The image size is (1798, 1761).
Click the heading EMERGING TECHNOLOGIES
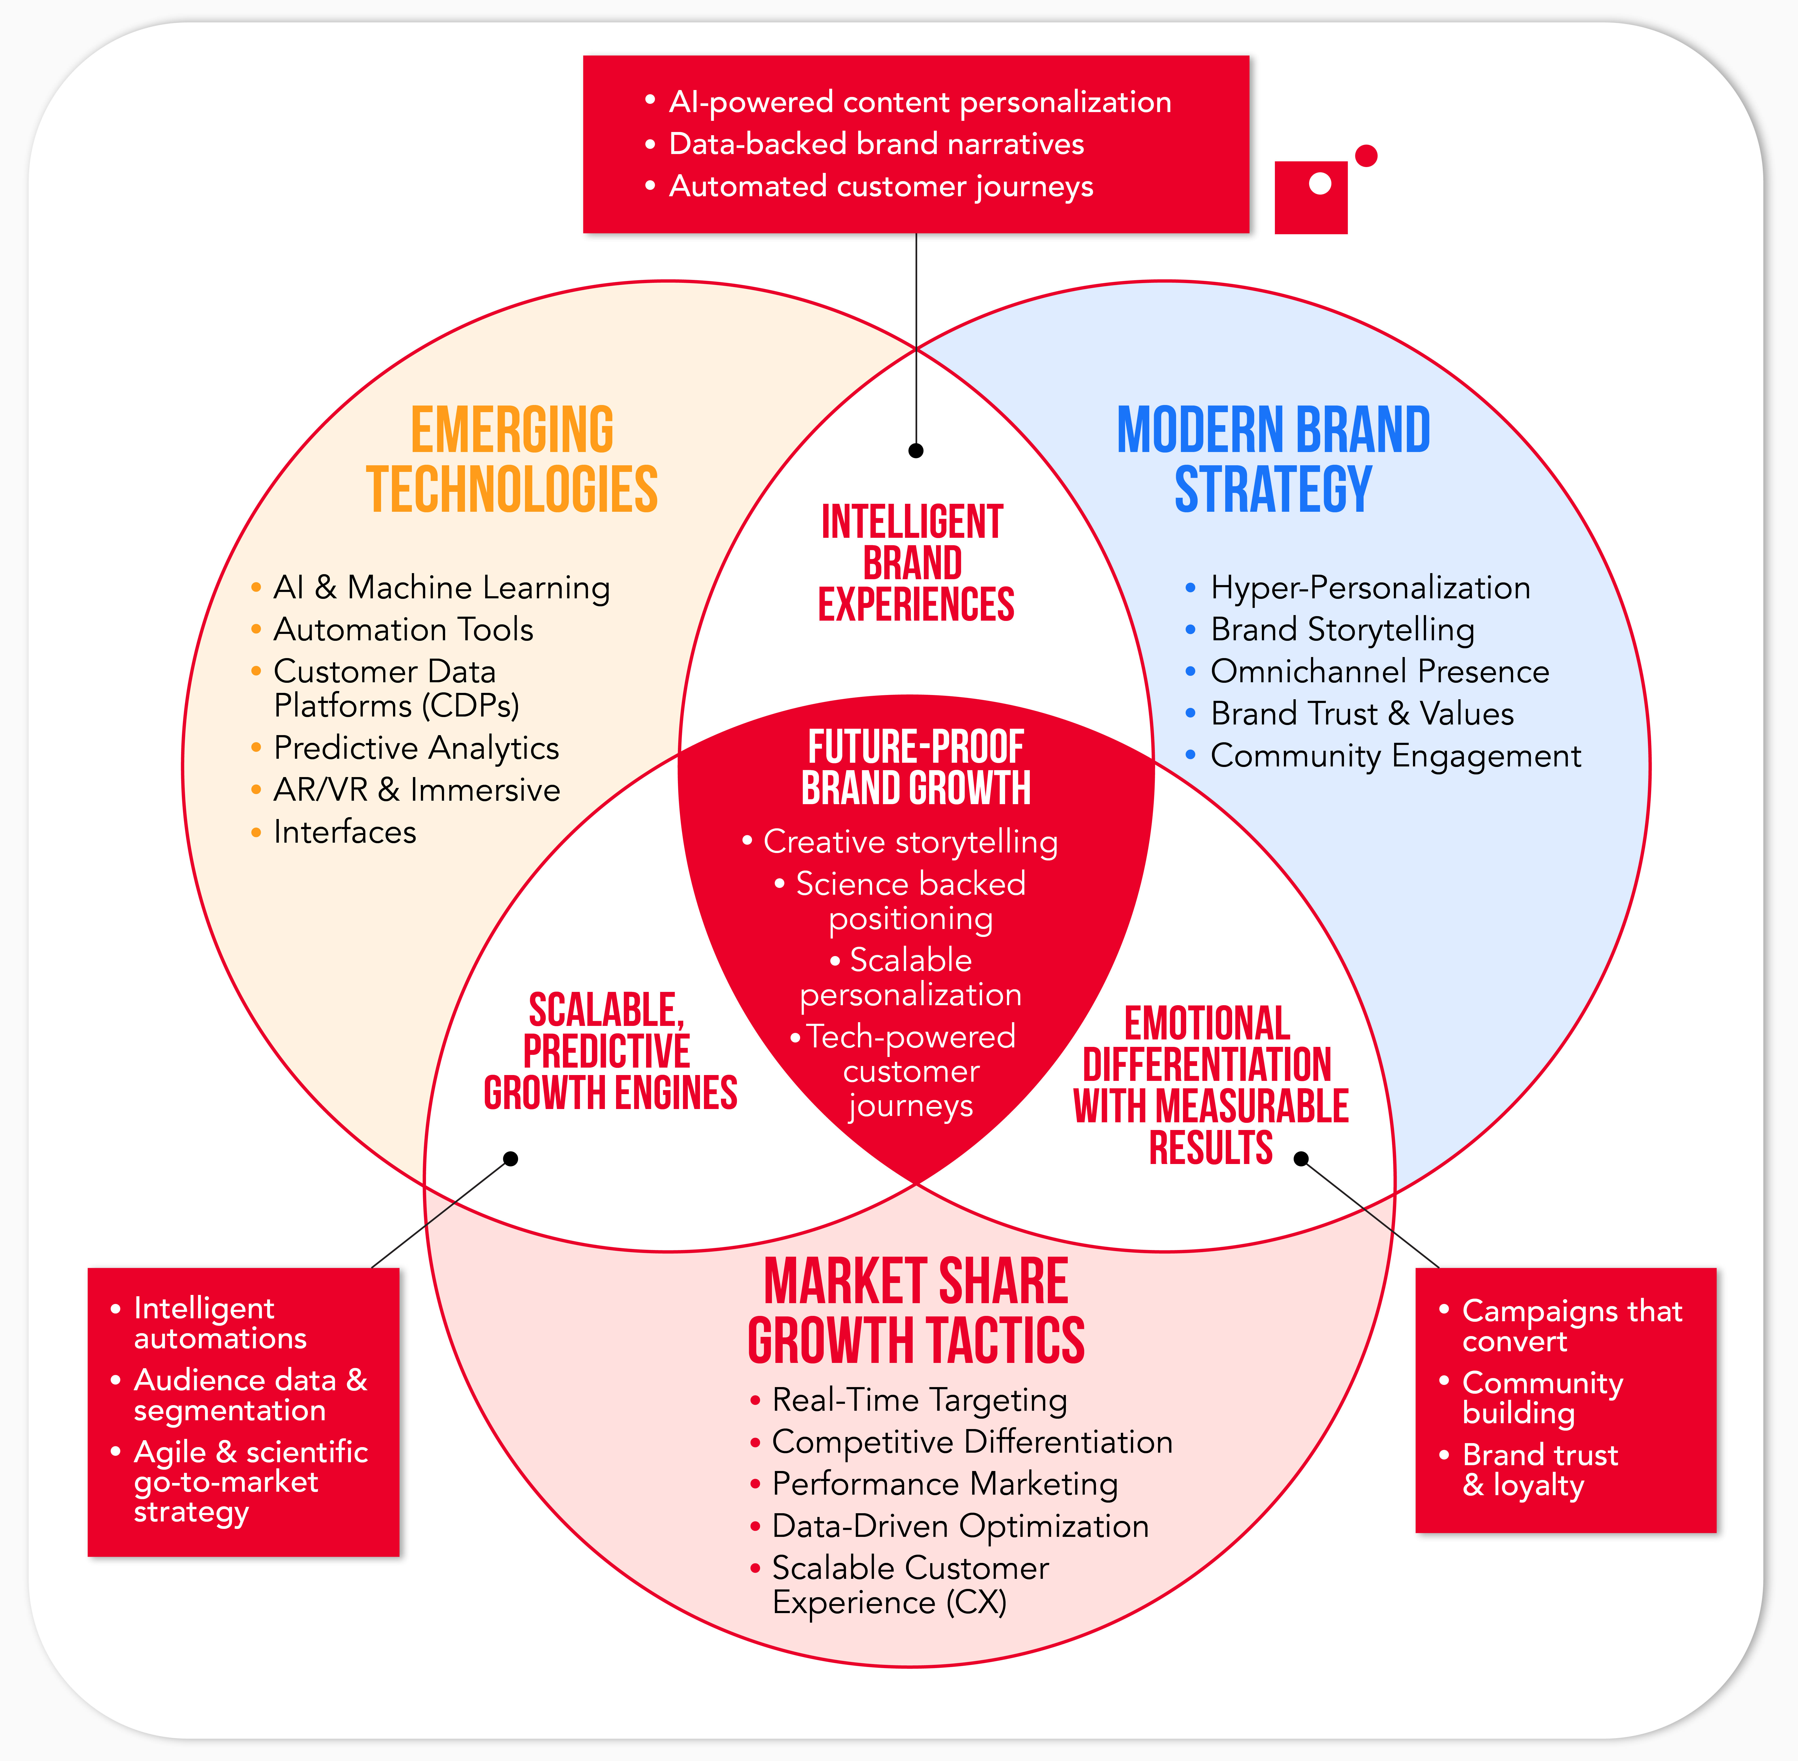tap(511, 460)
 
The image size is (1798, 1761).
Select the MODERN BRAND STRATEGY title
tap(1274, 460)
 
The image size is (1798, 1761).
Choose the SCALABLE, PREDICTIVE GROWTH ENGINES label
tap(609, 1052)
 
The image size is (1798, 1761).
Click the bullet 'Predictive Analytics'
tap(416, 747)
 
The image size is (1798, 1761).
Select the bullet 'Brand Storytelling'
tap(1342, 630)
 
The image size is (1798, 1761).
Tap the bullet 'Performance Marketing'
tap(944, 1483)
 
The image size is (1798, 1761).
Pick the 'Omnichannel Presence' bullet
tap(1379, 671)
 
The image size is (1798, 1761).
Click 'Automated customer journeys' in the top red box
tap(881, 186)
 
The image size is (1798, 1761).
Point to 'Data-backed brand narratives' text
tap(876, 144)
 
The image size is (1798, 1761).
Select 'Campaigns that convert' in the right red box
tap(1571, 1325)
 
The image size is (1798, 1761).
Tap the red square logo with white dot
tap(1310, 197)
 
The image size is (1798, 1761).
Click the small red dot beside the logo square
tap(1366, 155)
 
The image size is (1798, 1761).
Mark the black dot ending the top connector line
tap(916, 450)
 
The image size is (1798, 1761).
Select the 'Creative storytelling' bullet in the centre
tap(910, 842)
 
